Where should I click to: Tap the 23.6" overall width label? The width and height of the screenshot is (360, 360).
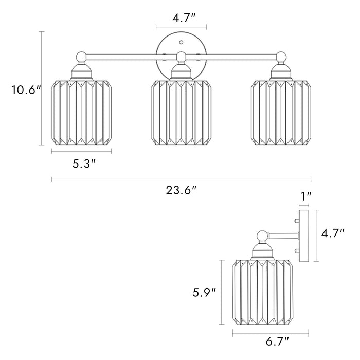182,190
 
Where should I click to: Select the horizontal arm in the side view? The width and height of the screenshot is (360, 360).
283,236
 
